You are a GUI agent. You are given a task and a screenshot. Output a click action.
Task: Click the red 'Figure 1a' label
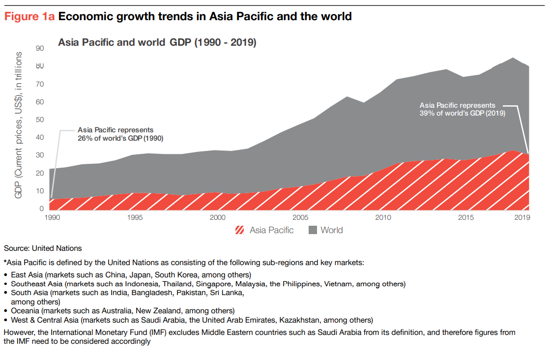click(x=29, y=17)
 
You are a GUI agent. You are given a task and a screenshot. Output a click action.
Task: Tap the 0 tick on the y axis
click(x=42, y=209)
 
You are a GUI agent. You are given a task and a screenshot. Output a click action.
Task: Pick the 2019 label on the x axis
click(x=521, y=217)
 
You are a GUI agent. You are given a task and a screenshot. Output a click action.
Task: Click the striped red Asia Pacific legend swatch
click(x=240, y=230)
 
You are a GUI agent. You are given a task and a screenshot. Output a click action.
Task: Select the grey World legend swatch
click(x=313, y=230)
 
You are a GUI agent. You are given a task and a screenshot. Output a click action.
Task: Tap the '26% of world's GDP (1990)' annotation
click(x=120, y=138)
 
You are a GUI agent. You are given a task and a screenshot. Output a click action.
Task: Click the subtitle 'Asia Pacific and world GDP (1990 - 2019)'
click(x=157, y=43)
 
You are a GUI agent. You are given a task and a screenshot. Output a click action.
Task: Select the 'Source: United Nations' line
click(x=43, y=248)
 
